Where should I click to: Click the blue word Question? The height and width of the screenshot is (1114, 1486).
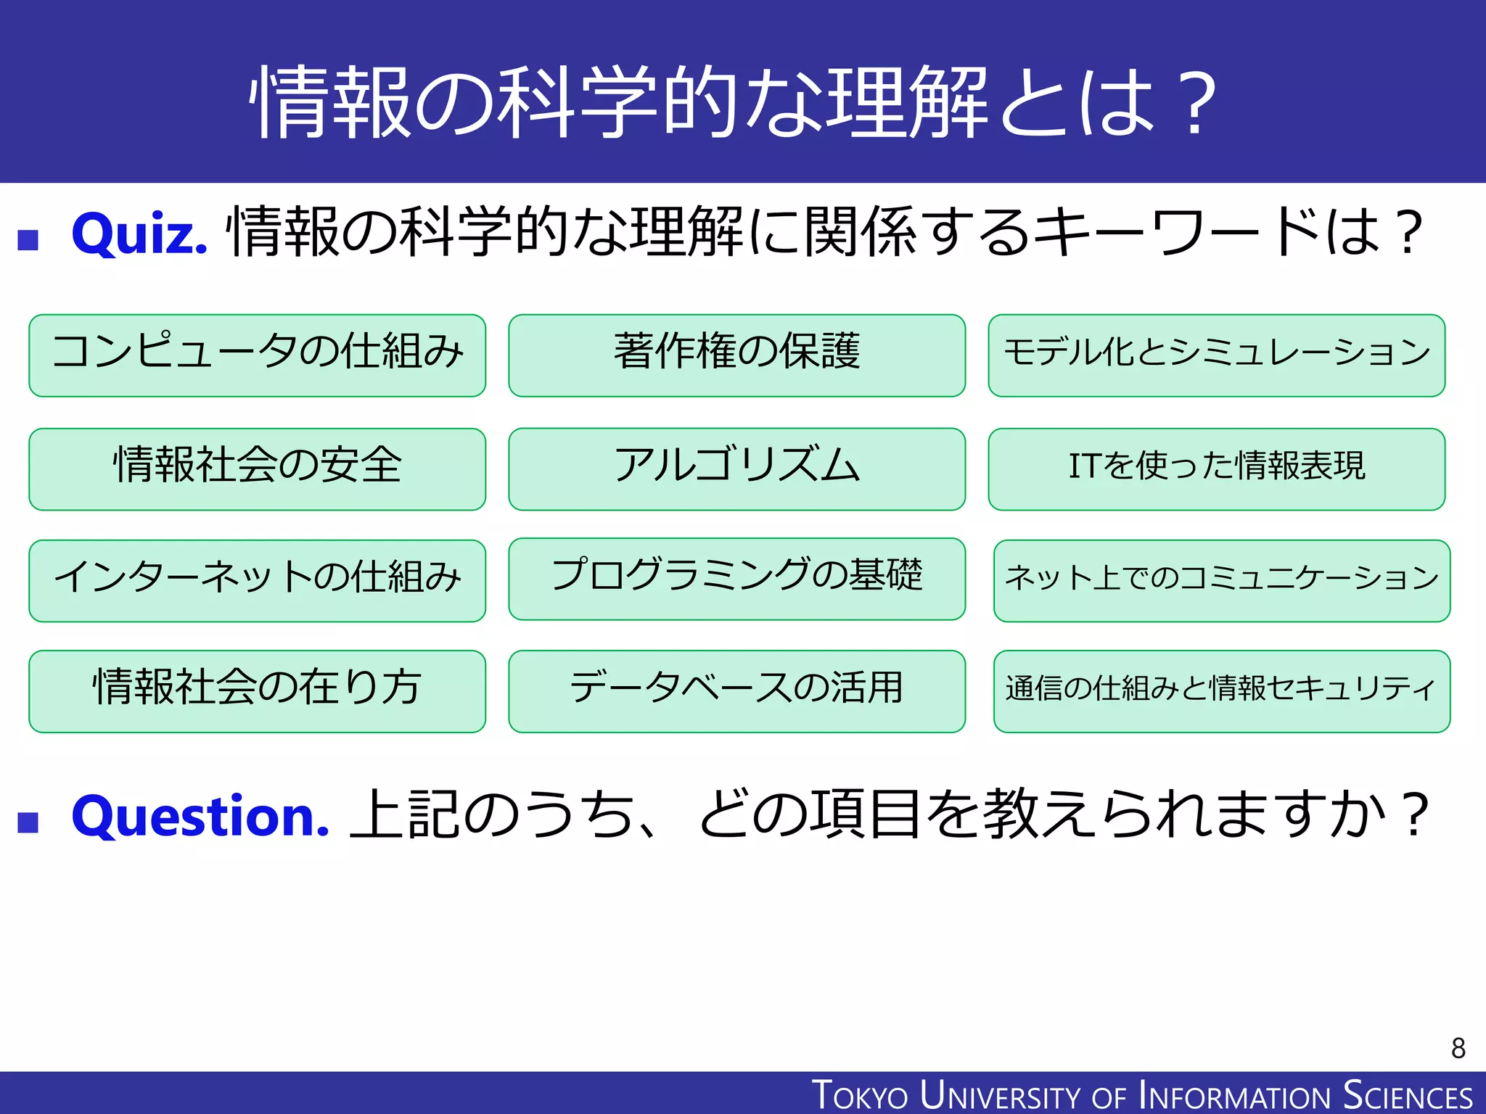[200, 817]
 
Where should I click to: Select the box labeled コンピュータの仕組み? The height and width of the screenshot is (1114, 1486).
[257, 355]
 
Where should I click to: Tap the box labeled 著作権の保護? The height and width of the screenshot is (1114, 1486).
[736, 355]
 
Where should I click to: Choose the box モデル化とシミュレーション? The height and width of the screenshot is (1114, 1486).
[1216, 355]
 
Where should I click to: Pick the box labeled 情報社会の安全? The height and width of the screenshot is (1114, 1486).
[257, 469]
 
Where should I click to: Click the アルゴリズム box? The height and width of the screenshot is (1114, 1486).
[736, 469]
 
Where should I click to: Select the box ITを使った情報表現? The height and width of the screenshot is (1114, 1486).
[1216, 469]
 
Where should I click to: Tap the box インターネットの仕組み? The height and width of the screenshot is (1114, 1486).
[257, 581]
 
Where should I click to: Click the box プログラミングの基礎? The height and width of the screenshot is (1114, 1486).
[736, 579]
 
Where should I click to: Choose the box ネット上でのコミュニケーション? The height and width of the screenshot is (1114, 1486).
[1221, 581]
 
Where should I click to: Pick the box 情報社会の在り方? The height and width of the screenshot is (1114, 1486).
[257, 691]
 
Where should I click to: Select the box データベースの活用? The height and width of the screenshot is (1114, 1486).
[736, 691]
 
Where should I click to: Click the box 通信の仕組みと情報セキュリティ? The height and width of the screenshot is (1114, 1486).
[1221, 691]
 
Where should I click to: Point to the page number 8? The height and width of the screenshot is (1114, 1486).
[1458, 1048]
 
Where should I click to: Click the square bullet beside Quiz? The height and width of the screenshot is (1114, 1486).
[28, 239]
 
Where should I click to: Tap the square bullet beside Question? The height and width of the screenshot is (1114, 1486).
[28, 822]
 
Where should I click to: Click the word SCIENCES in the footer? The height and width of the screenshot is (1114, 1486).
[1407, 1095]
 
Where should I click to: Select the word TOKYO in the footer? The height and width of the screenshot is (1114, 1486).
[860, 1095]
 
